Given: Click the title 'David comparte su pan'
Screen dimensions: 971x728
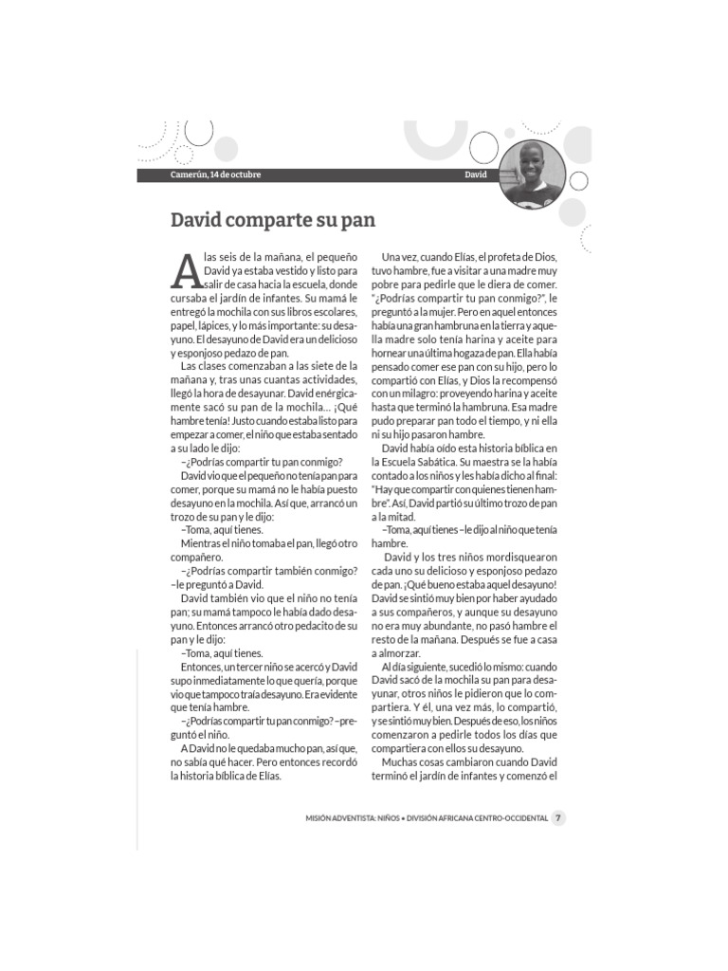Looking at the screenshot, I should [x=273, y=220].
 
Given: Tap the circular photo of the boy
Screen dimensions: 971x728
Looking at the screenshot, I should [x=531, y=174].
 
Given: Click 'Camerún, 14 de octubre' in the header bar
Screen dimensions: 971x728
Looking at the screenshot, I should [x=215, y=174].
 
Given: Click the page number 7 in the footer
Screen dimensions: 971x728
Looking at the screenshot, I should [x=559, y=818].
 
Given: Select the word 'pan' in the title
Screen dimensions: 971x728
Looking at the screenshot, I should [x=358, y=220].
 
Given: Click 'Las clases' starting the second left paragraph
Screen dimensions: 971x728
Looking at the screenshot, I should [x=203, y=365].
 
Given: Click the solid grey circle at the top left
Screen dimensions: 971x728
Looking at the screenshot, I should [x=226, y=149].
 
